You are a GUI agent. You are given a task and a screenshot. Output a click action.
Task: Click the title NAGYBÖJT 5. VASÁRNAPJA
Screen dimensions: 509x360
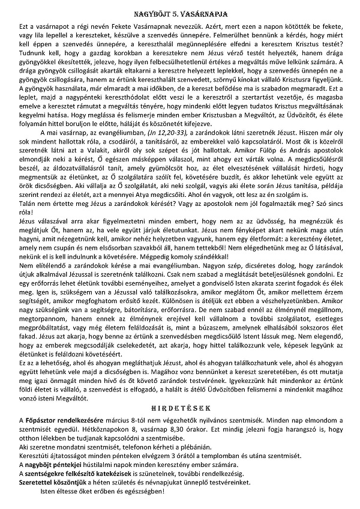180,12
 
